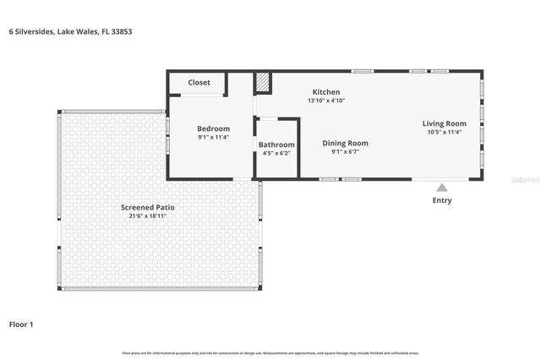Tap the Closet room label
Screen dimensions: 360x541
click(x=199, y=83)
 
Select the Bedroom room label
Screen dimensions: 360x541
click(x=214, y=128)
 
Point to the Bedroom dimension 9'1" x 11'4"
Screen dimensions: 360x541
click(x=214, y=137)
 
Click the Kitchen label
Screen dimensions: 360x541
click(x=326, y=92)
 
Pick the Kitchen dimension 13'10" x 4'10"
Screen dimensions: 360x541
click(x=326, y=101)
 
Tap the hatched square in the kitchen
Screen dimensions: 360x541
click(x=264, y=82)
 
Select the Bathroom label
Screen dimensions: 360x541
click(x=276, y=145)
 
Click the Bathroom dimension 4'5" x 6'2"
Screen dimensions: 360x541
click(x=276, y=153)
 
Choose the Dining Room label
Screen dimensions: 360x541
click(x=345, y=143)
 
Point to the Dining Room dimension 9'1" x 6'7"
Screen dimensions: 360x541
click(x=345, y=151)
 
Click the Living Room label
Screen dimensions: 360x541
click(x=445, y=124)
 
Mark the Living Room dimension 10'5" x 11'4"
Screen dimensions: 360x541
click(x=445, y=133)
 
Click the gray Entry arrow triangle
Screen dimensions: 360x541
click(x=441, y=188)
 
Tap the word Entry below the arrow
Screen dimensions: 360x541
click(x=441, y=200)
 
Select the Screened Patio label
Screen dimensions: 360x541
click(x=148, y=207)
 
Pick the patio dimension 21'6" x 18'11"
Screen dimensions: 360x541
click(x=148, y=215)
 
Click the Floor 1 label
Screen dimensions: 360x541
click(x=21, y=324)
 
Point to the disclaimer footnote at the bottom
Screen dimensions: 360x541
click(x=270, y=352)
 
